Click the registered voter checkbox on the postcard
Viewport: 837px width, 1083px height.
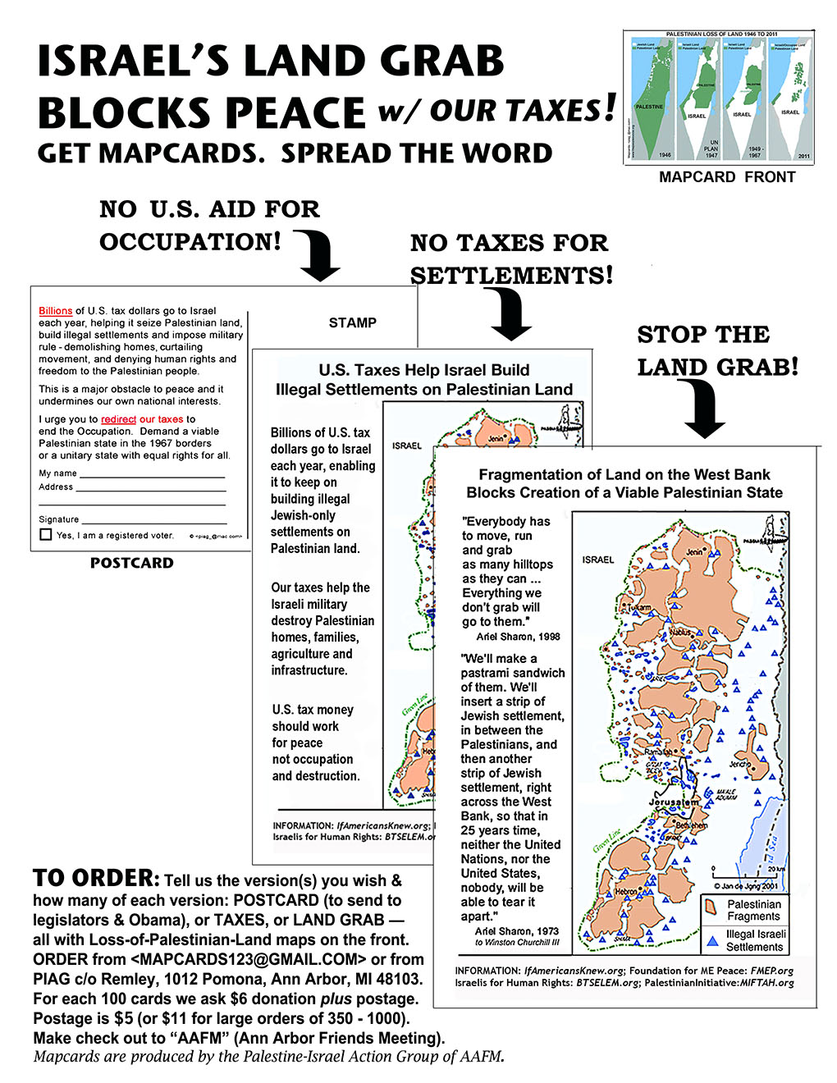[45, 535]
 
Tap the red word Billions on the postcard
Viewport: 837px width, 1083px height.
[55, 311]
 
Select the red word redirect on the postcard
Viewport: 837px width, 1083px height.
[118, 419]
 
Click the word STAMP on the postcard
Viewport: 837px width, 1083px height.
[353, 323]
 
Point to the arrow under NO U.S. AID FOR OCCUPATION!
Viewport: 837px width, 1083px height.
[318, 255]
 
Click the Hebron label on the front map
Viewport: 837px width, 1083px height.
[628, 891]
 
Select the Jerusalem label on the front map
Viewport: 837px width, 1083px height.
[673, 802]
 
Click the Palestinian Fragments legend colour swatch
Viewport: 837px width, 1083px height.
[711, 905]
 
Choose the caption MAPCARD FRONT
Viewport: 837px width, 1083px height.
[727, 177]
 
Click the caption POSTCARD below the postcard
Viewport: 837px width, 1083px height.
[132, 564]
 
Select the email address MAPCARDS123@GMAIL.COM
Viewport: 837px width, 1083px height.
[248, 959]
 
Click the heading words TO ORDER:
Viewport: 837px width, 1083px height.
[96, 879]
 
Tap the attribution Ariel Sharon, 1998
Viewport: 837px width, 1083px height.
[518, 637]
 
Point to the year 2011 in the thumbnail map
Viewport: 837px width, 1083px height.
[803, 155]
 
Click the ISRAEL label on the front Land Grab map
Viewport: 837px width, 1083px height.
[598, 560]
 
